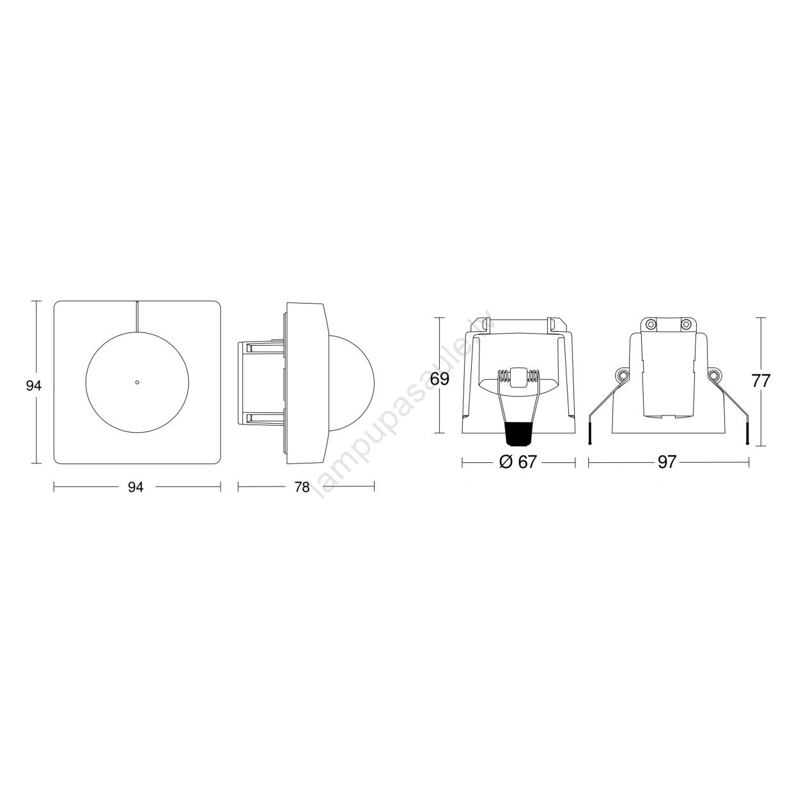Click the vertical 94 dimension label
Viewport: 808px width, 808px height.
(x=33, y=385)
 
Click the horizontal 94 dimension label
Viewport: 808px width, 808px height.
(x=136, y=487)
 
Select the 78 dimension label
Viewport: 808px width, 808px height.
(x=302, y=487)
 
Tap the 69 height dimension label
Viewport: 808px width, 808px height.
(x=439, y=379)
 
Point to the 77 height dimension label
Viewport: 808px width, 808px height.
(x=761, y=381)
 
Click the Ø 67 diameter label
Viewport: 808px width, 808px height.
(x=518, y=462)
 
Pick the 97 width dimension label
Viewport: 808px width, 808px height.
(x=667, y=462)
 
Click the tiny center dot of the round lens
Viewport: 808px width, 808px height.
(x=137, y=382)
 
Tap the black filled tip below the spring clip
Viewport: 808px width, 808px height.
(x=518, y=433)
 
